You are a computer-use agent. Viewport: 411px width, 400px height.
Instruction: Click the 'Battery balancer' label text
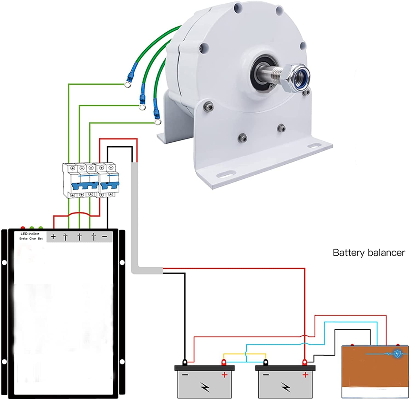(x=369, y=252)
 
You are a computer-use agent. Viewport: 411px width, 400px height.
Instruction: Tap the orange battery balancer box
(x=375, y=371)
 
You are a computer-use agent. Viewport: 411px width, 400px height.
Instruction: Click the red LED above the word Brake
(x=23, y=228)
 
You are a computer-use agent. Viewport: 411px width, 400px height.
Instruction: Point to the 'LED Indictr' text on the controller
(x=30, y=234)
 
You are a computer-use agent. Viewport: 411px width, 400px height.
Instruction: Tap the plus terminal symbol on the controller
(x=53, y=236)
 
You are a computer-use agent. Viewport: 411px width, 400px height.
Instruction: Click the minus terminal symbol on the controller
(x=105, y=237)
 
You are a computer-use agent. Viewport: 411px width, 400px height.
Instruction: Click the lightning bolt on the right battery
(x=286, y=387)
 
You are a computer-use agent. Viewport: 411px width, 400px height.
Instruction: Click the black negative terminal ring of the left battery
(x=185, y=362)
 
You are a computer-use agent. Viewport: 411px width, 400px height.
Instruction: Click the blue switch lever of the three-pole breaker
(x=85, y=188)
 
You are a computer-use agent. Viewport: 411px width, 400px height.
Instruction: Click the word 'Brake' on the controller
(x=24, y=239)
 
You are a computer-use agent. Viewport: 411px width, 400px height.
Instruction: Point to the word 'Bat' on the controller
(x=40, y=239)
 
